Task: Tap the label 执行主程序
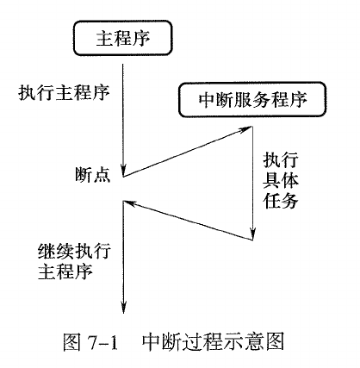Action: click(x=64, y=93)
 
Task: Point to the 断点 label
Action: click(x=93, y=174)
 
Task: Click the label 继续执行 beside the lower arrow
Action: click(x=74, y=252)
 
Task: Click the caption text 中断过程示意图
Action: click(x=213, y=341)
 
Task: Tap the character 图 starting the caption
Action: click(x=72, y=342)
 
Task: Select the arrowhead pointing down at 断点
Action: click(x=123, y=170)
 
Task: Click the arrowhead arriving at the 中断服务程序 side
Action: click(x=245, y=129)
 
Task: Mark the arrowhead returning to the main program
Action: click(x=130, y=203)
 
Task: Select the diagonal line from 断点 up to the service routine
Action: click(x=188, y=152)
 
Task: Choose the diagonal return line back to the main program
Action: click(x=188, y=221)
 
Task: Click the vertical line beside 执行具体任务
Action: click(x=252, y=183)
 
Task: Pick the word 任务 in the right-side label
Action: click(x=281, y=200)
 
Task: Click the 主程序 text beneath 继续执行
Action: click(x=65, y=271)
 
